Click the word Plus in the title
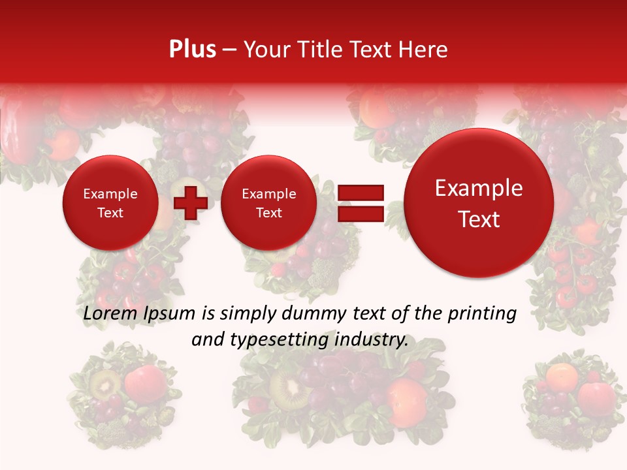click(192, 50)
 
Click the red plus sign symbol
click(190, 203)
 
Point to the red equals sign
click(360, 203)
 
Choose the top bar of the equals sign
click(360, 193)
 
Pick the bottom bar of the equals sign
click(360, 214)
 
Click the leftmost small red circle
click(110, 203)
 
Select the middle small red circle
click(269, 203)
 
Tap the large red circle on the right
click(479, 203)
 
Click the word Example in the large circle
click(479, 189)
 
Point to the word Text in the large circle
click(479, 219)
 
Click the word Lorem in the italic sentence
click(107, 314)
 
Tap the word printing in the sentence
click(482, 314)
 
